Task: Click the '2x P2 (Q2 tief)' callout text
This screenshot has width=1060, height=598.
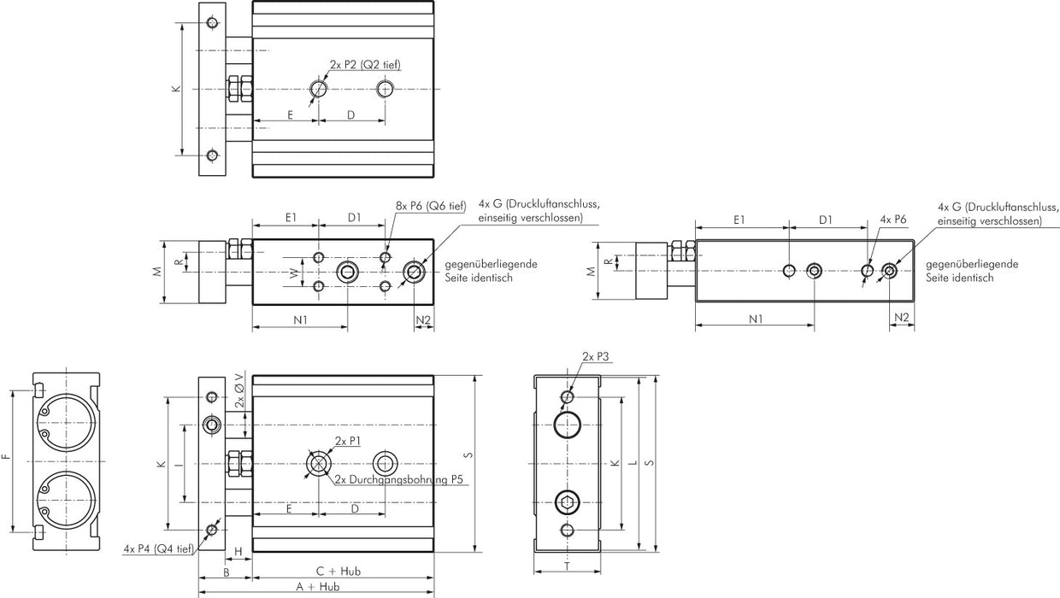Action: coord(365,65)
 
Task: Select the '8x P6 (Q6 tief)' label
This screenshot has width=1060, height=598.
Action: coord(431,205)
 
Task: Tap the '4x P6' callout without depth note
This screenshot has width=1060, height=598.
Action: coord(892,220)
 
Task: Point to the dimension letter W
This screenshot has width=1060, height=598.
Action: coord(294,273)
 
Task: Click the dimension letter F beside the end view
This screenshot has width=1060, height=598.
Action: coord(6,458)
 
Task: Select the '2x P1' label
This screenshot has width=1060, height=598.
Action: coord(347,441)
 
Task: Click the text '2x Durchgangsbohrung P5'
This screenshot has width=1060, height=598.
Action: coord(398,480)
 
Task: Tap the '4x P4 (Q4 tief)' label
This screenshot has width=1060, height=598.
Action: coord(158,548)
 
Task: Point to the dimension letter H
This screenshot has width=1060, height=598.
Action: coord(238,550)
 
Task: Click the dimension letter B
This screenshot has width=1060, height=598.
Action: coord(225,571)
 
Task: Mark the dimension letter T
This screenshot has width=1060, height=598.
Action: coord(568,566)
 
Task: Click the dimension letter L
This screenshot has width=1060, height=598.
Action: coord(631,463)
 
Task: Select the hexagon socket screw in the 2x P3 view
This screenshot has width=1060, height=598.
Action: coord(568,501)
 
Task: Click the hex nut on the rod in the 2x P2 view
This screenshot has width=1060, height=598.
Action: coord(239,89)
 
